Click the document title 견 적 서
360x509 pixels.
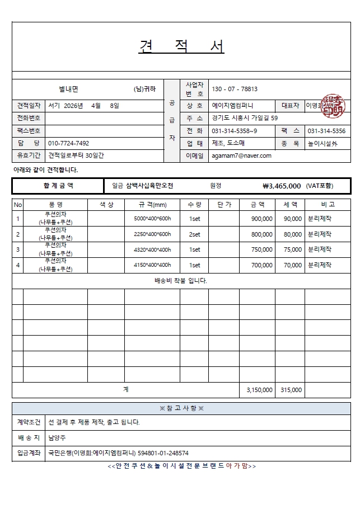point(181,47)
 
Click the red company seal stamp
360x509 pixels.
point(333,106)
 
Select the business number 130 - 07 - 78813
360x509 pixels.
point(235,89)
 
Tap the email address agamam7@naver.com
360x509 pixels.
point(241,156)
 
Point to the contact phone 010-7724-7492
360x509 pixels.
point(69,143)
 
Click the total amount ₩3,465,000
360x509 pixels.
point(282,186)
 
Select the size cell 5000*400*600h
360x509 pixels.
point(152,219)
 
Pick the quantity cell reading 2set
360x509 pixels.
point(194,234)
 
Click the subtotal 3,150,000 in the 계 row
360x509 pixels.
point(260,390)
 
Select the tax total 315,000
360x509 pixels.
point(291,390)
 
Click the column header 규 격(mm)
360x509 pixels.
point(152,205)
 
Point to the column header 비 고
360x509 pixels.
point(328,205)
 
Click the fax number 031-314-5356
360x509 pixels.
point(326,131)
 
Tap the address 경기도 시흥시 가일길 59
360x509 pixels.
point(244,118)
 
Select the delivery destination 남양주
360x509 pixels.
point(57,438)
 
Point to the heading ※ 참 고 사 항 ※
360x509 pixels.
point(181,408)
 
